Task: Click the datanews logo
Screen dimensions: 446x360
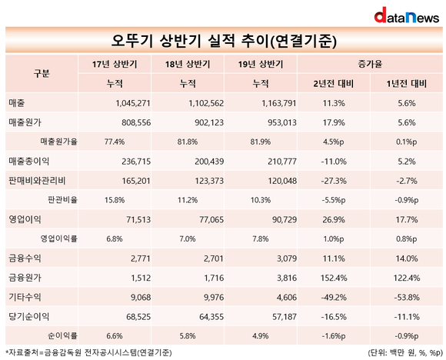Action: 407,15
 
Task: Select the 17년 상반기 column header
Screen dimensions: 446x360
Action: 115,64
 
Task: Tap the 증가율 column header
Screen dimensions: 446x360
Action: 370,64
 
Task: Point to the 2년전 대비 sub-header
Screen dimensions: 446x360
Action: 334,83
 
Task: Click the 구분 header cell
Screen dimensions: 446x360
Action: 42,73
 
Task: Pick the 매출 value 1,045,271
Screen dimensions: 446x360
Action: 133,103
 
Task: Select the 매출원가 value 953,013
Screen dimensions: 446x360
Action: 282,122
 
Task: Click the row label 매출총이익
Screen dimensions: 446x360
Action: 28,162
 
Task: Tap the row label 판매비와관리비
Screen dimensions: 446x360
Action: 37,181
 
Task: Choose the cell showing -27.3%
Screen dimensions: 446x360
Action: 334,181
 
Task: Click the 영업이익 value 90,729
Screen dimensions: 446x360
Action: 285,220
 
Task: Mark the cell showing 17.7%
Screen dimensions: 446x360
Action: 407,220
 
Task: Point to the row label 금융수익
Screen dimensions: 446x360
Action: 25,258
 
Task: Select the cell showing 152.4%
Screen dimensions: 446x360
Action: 334,278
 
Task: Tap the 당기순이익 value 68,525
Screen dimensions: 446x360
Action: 138,317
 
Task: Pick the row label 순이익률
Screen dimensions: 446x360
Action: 62,336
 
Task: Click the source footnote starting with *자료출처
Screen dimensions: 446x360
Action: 88,353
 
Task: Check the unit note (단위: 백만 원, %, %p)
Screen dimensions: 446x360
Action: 405,353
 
